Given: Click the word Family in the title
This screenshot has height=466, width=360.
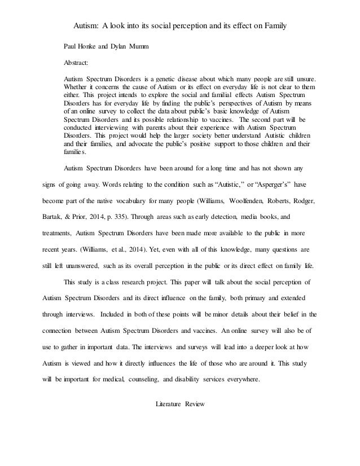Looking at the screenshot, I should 273,25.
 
